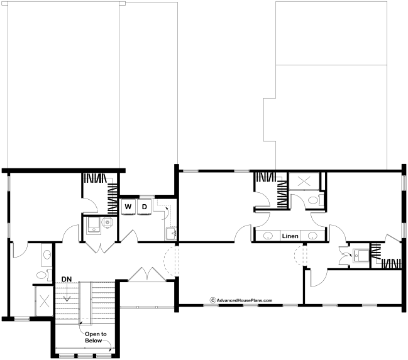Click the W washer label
[128, 207]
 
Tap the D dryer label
[145, 207]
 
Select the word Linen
[290, 236]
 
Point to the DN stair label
[67, 280]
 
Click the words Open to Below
[96, 337]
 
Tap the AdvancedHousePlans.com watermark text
[245, 300]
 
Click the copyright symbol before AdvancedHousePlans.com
[213, 300]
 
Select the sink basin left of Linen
[268, 236]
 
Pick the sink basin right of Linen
[312, 236]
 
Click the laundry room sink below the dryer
[172, 234]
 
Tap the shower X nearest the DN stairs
[44, 301]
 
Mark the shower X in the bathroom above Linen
[304, 181]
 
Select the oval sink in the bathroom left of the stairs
[47, 255]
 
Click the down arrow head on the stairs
[67, 299]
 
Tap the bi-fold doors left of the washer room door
[100, 248]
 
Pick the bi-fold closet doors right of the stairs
[147, 274]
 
